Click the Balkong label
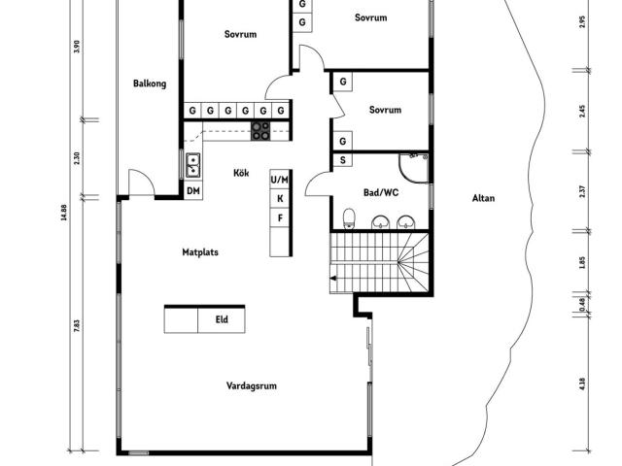click(150, 83)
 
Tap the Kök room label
click(241, 174)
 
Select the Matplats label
click(200, 252)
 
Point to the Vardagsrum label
click(252, 385)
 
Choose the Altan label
click(483, 198)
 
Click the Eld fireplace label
click(222, 319)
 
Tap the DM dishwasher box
click(193, 190)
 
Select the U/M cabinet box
click(280, 181)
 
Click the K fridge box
click(280, 199)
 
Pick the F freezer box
click(280, 217)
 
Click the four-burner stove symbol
click(260, 131)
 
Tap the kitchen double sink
click(192, 163)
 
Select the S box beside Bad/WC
click(344, 160)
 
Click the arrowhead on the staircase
click(334, 280)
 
